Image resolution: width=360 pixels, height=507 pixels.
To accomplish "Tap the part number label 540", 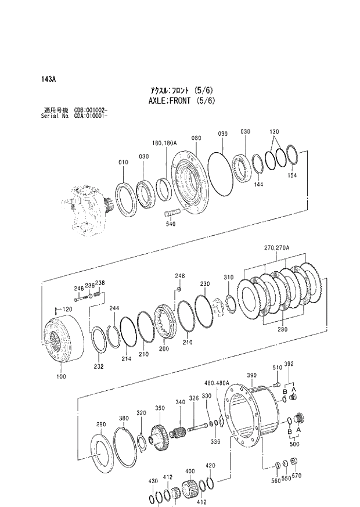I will pos(171,224).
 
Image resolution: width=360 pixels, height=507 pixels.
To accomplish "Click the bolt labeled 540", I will pos(173,211).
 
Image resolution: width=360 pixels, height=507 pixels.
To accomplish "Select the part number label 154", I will pos(292,175).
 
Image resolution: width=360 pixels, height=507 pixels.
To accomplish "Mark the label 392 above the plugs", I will pos(289,364).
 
